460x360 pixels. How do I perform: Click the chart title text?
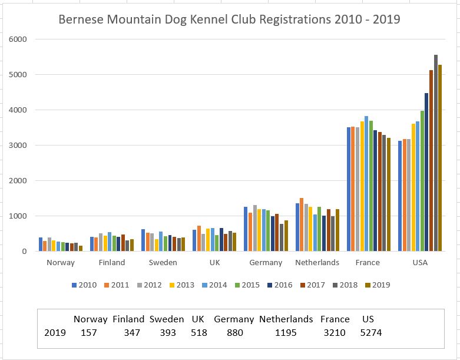(x=229, y=19)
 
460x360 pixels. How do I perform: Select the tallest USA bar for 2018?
(x=435, y=153)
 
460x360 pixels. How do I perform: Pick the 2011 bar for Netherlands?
(x=302, y=224)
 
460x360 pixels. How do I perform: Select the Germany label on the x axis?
(x=266, y=263)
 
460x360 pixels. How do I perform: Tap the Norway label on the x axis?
(x=61, y=263)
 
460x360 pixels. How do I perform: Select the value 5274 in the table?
(x=370, y=333)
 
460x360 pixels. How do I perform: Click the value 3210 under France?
(x=335, y=333)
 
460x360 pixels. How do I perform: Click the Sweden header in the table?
(x=167, y=319)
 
